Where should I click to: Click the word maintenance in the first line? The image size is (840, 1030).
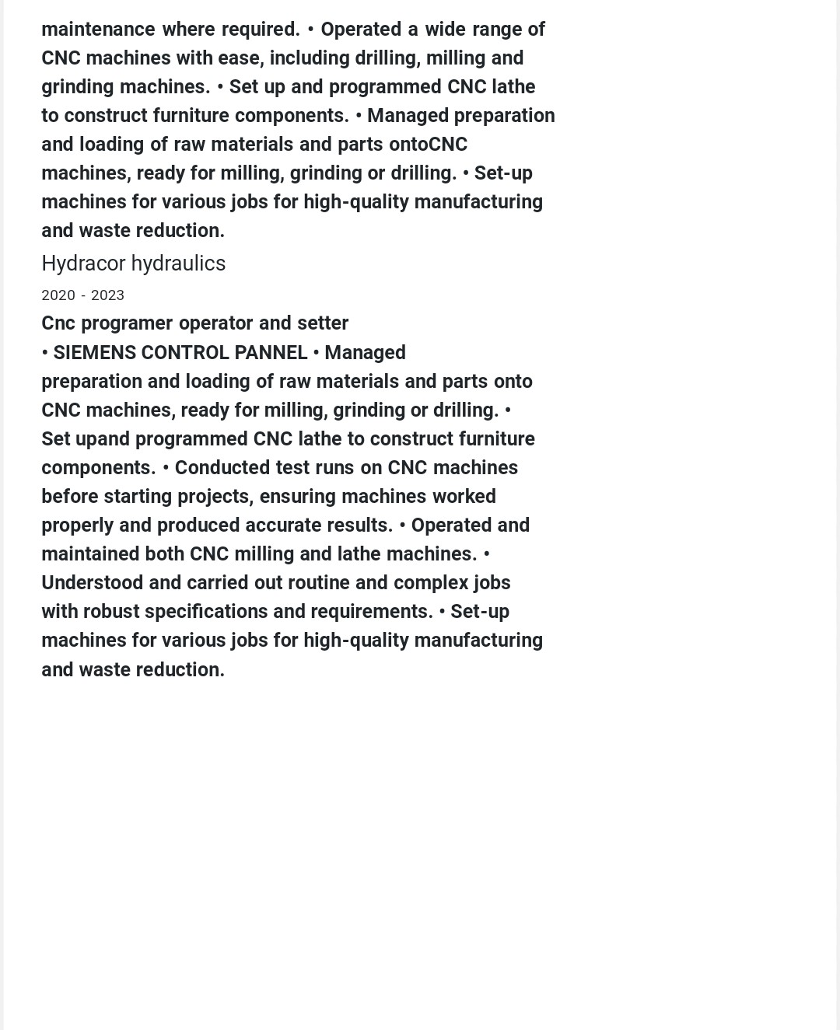pos(98,30)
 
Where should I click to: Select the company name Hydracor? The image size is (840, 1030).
pos(83,264)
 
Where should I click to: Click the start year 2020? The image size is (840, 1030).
pos(58,295)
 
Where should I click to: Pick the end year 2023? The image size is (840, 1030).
pos(107,295)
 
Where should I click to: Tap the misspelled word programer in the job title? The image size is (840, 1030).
pos(127,323)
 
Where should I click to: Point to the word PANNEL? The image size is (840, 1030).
pos(271,353)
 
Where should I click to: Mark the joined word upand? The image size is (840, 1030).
pos(103,439)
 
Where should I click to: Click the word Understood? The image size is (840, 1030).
pos(92,583)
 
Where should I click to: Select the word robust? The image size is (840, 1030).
pos(111,612)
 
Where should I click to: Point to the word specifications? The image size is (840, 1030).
pos(206,612)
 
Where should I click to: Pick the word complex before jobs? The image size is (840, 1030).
pos(431,583)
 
